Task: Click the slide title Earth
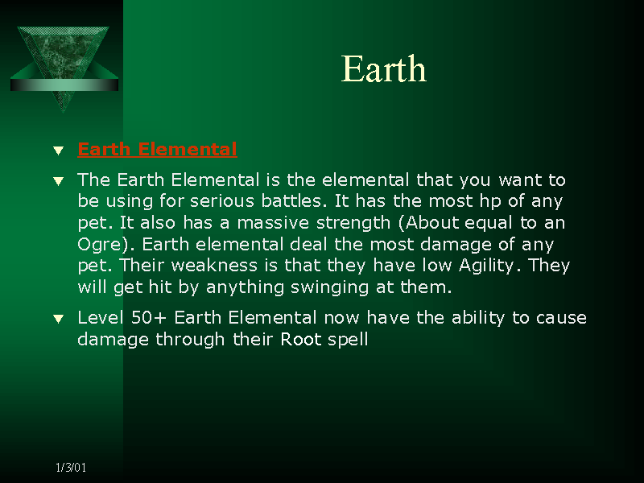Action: (x=384, y=68)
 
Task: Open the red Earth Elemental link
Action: (x=157, y=149)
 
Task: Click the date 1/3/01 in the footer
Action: (x=71, y=467)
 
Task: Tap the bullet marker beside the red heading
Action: (x=59, y=151)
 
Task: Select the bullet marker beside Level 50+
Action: (x=59, y=319)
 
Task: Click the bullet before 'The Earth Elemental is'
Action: (x=59, y=180)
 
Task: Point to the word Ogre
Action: (x=100, y=245)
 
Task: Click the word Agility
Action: (x=486, y=266)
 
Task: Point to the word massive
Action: (x=273, y=223)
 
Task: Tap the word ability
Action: (x=478, y=318)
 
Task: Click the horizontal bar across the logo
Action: (x=64, y=85)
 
